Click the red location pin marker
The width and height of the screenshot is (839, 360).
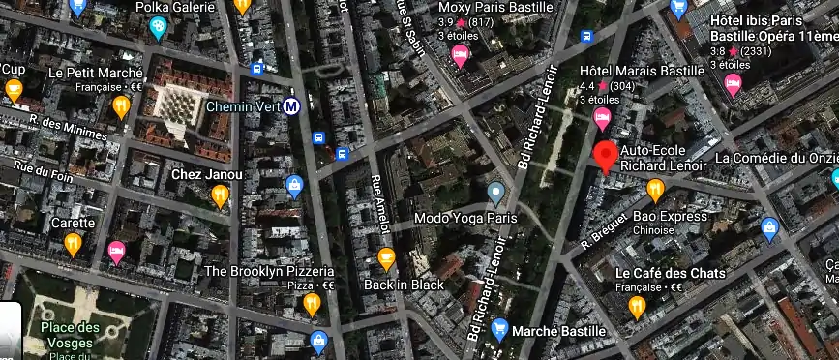[607, 156]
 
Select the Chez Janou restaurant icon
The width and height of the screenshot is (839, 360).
[221, 196]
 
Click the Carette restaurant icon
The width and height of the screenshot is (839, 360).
[73, 245]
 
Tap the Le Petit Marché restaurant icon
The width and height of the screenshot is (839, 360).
[121, 105]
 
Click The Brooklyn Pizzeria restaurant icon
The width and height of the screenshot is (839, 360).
[311, 305]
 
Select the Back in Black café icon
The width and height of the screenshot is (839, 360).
[386, 259]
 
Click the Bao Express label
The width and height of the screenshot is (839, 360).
[670, 216]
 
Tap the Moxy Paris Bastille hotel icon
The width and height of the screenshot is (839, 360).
[461, 56]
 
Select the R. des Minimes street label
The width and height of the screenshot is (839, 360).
[61, 127]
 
